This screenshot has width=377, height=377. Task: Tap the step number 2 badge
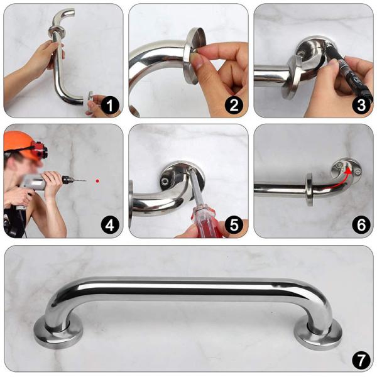pos(234,106)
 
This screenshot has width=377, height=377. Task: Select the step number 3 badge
pos(360,106)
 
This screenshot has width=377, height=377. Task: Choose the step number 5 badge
pos(234,225)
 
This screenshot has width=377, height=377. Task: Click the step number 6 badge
pos(360,225)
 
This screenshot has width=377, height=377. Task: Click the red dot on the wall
pos(97,181)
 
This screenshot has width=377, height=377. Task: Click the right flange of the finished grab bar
pos(320,331)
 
